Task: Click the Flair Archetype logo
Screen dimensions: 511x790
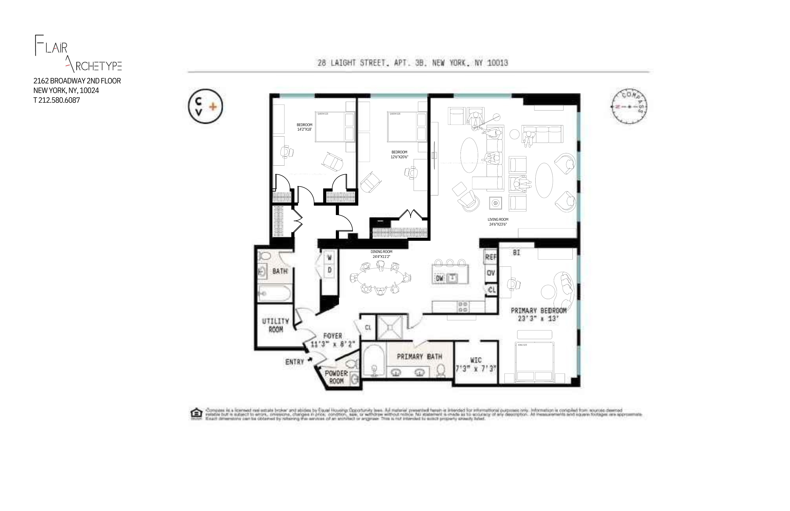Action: (78, 54)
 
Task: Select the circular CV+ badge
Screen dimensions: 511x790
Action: (205, 106)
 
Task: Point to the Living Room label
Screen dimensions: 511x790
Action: (497, 222)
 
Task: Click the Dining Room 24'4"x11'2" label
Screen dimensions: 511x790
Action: (381, 254)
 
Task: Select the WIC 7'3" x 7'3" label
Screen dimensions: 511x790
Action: (476, 364)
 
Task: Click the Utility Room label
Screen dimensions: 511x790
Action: (275, 325)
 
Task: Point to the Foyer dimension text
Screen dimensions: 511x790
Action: (333, 344)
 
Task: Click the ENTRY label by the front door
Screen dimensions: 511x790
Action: (294, 362)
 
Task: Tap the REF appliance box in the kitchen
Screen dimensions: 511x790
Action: (491, 257)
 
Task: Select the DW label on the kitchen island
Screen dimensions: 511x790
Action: (439, 278)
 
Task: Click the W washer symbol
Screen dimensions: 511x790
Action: (329, 257)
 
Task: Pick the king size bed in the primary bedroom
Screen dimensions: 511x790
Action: (534, 362)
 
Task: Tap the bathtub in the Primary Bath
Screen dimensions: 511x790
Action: (374, 360)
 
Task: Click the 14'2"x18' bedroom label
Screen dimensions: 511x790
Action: (304, 127)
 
